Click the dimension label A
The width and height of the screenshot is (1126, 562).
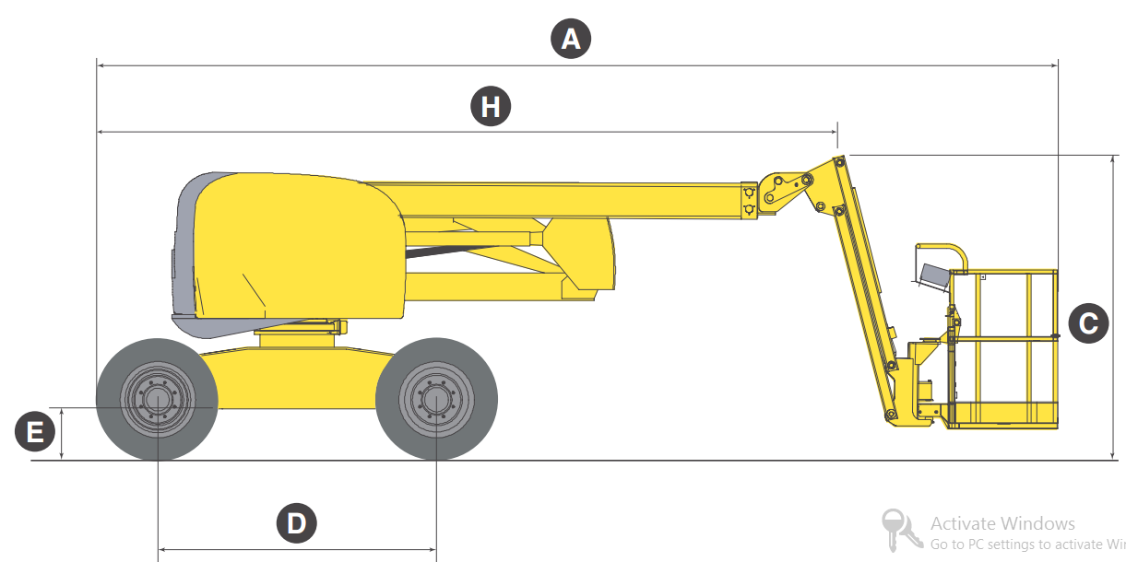pyautogui.click(x=571, y=39)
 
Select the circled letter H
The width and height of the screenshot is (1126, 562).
pyautogui.click(x=491, y=106)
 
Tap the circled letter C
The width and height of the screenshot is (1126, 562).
pyautogui.click(x=1088, y=323)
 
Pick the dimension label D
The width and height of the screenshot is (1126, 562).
pyautogui.click(x=297, y=523)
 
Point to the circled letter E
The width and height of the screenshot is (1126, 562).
pyautogui.click(x=35, y=431)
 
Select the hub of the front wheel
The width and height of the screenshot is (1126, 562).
pyautogui.click(x=436, y=399)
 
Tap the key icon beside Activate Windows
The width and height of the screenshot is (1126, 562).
pyautogui.click(x=900, y=531)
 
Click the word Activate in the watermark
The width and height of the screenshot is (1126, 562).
pyautogui.click(x=966, y=523)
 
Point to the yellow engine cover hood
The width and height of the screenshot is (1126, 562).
pyautogui.click(x=299, y=246)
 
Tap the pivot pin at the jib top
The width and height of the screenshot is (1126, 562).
pyautogui.click(x=839, y=162)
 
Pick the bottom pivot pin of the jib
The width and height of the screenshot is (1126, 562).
pyautogui.click(x=890, y=415)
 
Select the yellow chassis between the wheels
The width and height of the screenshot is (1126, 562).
pyautogui.click(x=297, y=378)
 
